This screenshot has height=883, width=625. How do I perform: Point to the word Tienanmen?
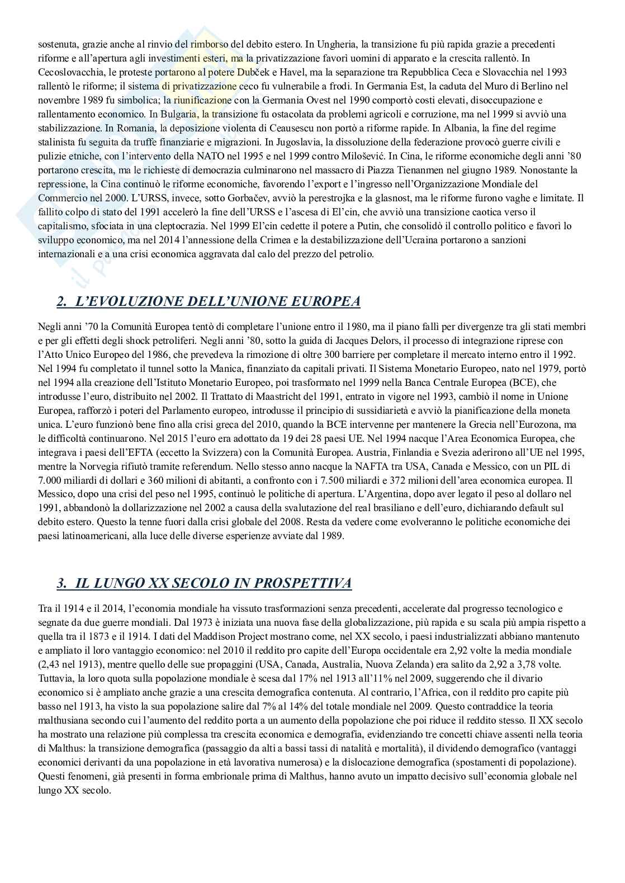(x=465, y=170)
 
